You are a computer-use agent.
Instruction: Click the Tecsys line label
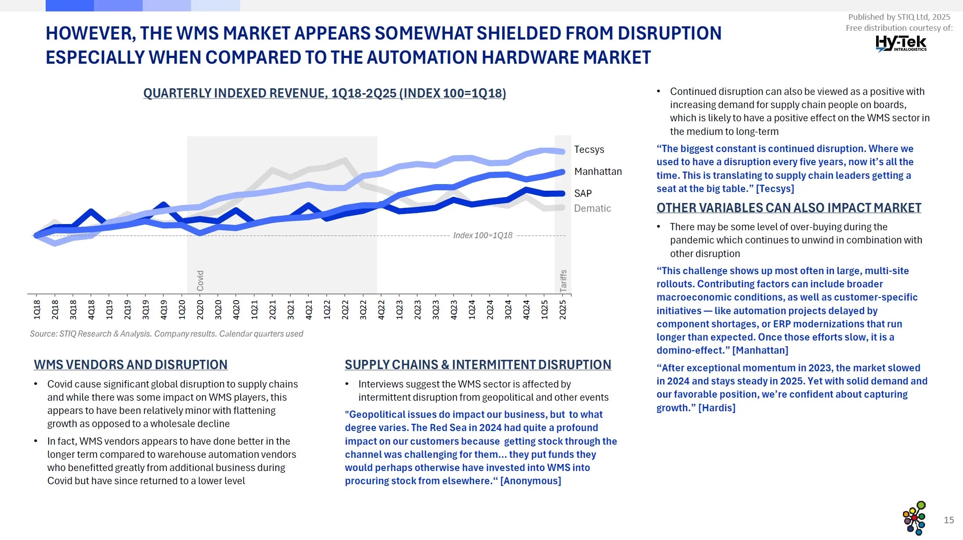(x=589, y=150)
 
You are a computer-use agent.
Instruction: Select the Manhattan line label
(x=598, y=172)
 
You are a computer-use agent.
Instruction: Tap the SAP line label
(x=583, y=193)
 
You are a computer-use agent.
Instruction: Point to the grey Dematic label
(x=592, y=208)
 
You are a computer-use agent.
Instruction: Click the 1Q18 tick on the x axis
(x=37, y=309)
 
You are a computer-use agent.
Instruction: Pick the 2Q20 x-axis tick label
(x=200, y=309)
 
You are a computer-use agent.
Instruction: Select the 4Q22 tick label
(x=381, y=309)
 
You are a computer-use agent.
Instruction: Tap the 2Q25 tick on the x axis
(x=563, y=309)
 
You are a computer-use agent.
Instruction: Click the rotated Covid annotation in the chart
(x=200, y=280)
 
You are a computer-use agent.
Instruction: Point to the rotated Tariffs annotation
(x=563, y=280)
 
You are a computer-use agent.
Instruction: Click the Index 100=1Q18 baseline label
(x=483, y=236)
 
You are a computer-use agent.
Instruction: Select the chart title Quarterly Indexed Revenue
(x=325, y=93)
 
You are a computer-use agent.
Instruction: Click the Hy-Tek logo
(x=901, y=43)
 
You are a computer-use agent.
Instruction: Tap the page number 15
(x=949, y=520)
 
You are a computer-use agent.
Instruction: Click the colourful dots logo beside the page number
(x=914, y=518)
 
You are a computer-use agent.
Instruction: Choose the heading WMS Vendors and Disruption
(x=130, y=365)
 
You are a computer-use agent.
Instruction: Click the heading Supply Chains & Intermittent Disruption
(x=478, y=365)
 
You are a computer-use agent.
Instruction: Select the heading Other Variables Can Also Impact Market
(x=789, y=208)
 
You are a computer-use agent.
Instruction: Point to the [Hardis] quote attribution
(x=717, y=408)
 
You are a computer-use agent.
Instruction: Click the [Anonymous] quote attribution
(x=530, y=481)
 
